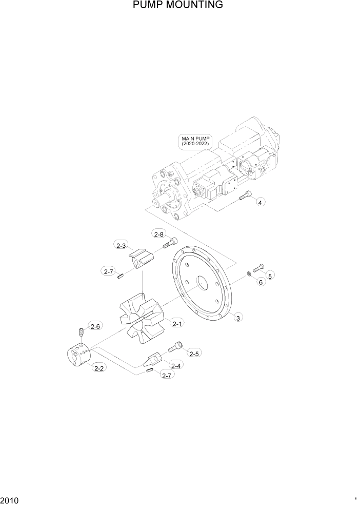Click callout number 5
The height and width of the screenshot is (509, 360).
[270, 276]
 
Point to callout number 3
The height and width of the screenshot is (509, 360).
[237, 318]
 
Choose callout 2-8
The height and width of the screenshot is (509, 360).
[158, 234]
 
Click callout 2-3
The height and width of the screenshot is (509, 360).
[121, 246]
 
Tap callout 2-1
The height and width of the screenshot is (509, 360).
[177, 323]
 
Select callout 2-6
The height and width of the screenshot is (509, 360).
[95, 325]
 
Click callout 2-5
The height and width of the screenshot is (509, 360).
[194, 354]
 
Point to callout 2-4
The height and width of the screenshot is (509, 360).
[175, 365]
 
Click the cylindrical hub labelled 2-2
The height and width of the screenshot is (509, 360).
[78, 354]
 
